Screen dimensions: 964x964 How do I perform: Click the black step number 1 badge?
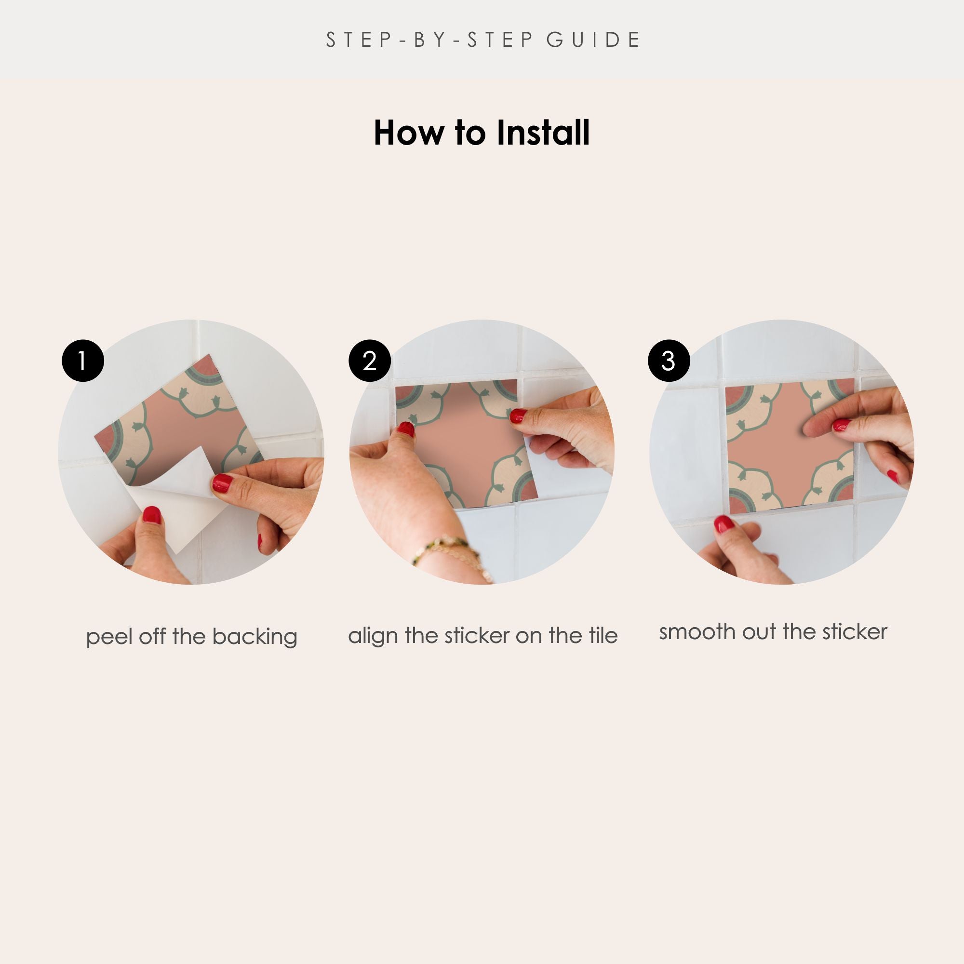(83, 361)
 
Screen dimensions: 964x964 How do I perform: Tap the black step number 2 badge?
(369, 361)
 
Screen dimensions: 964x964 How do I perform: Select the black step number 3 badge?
(669, 361)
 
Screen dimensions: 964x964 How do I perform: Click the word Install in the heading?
(543, 133)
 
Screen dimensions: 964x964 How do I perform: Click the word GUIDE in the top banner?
(593, 40)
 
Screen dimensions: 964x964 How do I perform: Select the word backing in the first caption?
(254, 637)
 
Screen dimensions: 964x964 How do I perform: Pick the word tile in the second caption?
(603, 635)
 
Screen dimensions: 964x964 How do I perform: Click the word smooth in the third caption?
(697, 632)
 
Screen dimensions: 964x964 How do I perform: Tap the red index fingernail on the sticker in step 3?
(842, 425)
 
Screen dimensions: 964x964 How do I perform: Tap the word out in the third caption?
(759, 633)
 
